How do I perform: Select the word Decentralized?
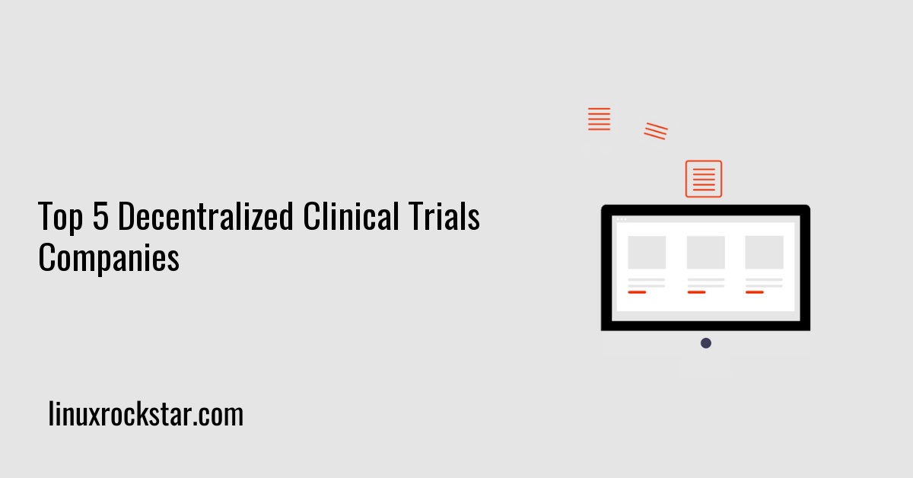coord(205,218)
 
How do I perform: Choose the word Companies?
coord(109,259)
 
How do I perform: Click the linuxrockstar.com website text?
coord(146,415)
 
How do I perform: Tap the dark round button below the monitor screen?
coord(706,343)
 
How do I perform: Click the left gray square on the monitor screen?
coord(647,252)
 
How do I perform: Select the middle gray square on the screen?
coord(705,252)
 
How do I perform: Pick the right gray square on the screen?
coord(764,252)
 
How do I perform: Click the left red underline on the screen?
coord(637,292)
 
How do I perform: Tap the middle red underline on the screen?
coord(696,292)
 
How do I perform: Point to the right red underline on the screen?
coord(755,292)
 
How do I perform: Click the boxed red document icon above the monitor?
coord(704,179)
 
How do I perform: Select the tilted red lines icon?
coord(656,131)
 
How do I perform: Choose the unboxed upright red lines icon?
coord(600,119)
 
